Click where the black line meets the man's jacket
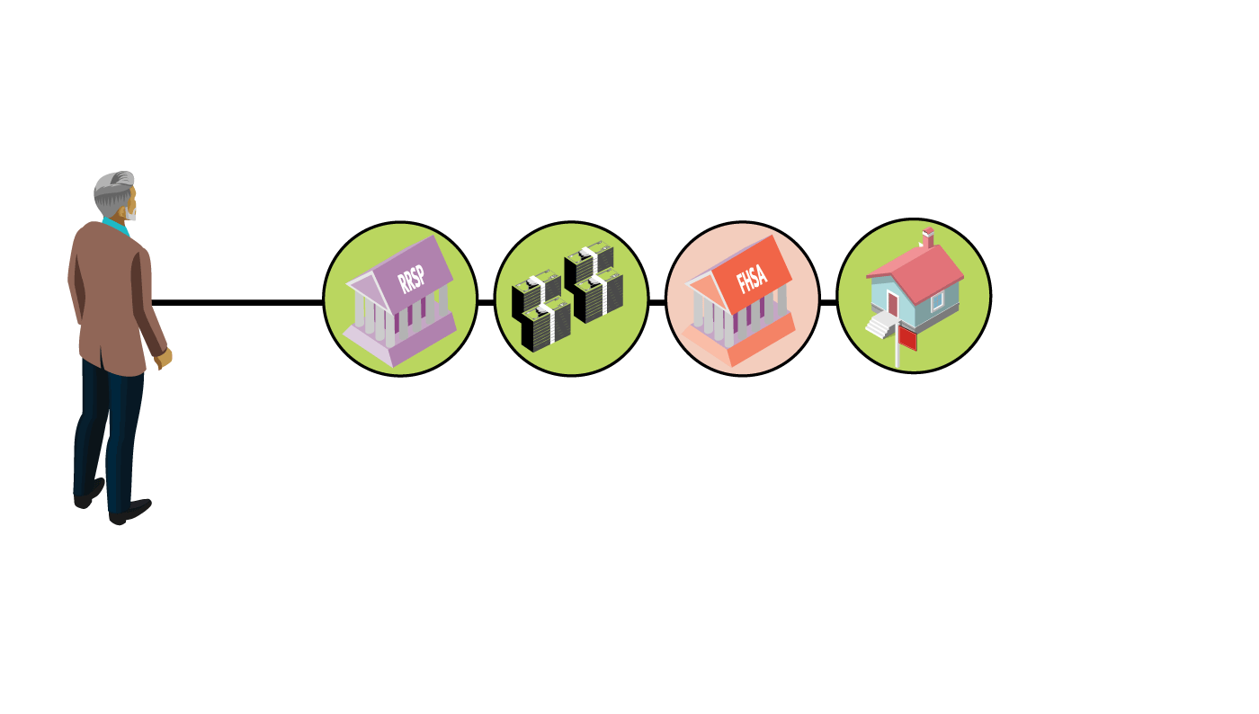point(152,302)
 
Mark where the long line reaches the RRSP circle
point(325,302)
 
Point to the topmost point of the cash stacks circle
point(572,221)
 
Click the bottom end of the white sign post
point(897,367)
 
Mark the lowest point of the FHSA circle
point(743,376)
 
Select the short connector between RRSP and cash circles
point(487,302)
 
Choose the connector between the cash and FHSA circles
point(657,302)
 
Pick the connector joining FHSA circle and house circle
point(828,302)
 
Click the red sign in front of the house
point(907,339)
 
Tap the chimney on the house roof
point(928,237)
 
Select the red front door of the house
point(892,304)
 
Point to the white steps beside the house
point(880,326)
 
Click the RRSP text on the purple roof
point(411,278)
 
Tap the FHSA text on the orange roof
point(752,280)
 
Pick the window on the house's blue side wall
point(937,301)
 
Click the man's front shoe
point(130,512)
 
